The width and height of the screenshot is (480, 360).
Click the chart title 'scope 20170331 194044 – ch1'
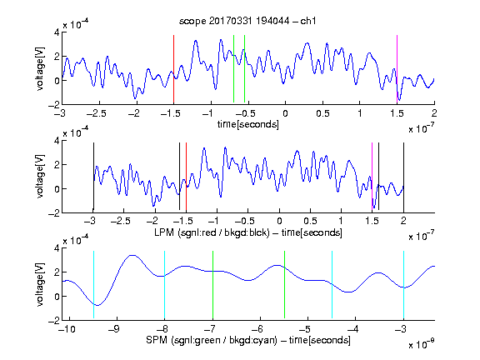coord(247,21)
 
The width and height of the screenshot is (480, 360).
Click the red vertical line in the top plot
coord(173,69)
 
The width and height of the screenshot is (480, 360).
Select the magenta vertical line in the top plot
coord(397,69)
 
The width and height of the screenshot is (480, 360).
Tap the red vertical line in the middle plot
coord(186,177)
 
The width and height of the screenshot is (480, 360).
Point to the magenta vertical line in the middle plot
coord(372,177)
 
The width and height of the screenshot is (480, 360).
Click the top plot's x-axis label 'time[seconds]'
coord(248,124)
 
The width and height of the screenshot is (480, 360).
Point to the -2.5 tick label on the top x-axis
coord(96,113)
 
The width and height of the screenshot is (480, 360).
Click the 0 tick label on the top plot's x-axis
coord(285,113)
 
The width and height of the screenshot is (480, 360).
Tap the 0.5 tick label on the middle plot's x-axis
coord(310,221)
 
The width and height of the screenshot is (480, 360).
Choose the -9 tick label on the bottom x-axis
coord(114,329)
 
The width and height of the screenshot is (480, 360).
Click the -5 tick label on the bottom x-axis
coord(305,329)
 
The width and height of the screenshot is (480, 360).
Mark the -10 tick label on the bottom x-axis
coord(67,329)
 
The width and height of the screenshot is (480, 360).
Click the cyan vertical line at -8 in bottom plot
coord(164,285)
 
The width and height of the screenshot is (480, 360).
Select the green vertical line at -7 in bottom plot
coord(212,285)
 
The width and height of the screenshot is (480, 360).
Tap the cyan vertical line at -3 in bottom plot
coord(403,285)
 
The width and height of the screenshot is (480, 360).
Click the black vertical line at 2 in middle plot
coord(403,177)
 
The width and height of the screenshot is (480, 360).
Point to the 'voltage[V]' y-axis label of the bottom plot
coord(40,284)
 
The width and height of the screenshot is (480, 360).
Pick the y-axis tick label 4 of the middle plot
coord(57,141)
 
